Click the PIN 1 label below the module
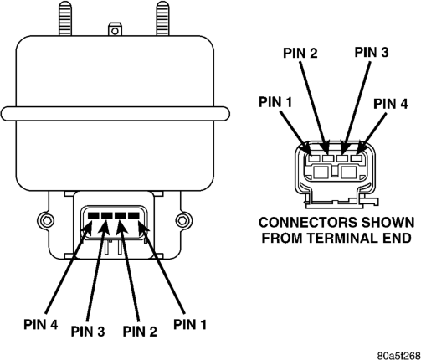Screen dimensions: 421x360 (190, 324)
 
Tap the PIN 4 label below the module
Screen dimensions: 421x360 (41, 324)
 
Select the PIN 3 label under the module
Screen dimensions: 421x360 (88, 332)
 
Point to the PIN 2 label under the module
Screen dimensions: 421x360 (140, 332)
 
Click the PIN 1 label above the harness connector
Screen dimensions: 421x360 (275, 102)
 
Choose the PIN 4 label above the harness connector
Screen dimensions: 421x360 (390, 104)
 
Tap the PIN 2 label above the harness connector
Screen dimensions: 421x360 (300, 53)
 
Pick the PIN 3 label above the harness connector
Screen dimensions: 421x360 (372, 52)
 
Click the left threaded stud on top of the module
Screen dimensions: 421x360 (65, 18)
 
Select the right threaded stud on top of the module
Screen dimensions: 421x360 (162, 18)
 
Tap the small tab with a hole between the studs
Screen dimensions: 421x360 (115, 29)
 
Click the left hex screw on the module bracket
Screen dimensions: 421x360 (46, 220)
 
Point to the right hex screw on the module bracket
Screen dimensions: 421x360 (182, 220)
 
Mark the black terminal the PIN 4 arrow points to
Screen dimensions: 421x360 (93, 216)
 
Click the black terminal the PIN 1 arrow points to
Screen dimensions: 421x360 (134, 216)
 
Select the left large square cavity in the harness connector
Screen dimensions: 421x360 (321, 172)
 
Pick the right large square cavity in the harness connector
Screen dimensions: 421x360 (349, 172)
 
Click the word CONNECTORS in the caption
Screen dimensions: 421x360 (308, 223)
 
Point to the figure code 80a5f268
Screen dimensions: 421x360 (399, 356)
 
